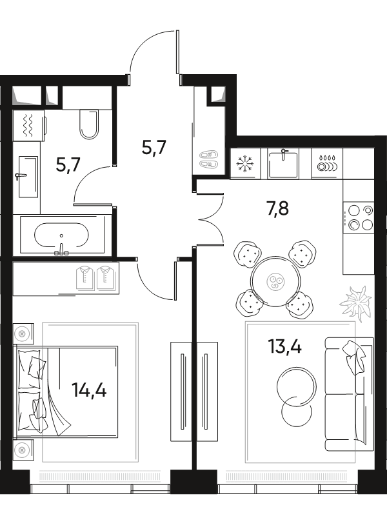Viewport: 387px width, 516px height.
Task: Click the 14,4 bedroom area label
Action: (x=89, y=391)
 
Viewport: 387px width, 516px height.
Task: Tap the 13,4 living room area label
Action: (x=284, y=346)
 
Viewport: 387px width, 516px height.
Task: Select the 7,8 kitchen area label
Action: (x=277, y=208)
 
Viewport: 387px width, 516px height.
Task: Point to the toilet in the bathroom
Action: (x=89, y=124)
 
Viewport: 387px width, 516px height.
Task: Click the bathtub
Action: (x=62, y=235)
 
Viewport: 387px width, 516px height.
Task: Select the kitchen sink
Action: (x=283, y=164)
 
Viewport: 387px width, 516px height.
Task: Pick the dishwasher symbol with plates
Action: (x=327, y=164)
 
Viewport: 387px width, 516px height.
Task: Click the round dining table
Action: (x=275, y=282)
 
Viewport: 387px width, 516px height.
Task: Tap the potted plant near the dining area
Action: (x=356, y=303)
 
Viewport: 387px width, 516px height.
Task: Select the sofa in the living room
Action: (x=349, y=394)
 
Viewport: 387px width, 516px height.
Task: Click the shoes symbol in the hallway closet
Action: (x=209, y=160)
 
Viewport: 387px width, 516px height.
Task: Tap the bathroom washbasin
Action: (x=28, y=177)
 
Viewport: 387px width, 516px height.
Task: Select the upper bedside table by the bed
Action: (x=23, y=333)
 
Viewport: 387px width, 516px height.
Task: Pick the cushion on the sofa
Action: (x=353, y=358)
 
